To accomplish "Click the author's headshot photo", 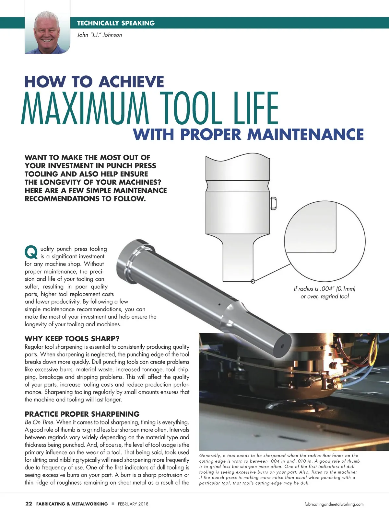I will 47,32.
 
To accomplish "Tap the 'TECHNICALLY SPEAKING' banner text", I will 116,23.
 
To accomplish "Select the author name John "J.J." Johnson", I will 100,35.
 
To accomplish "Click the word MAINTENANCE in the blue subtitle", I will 305,134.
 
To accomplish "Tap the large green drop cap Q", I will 31,253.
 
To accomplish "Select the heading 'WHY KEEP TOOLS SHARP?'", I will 72,339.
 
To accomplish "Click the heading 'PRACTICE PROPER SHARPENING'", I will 82,414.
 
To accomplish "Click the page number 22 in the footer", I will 29,504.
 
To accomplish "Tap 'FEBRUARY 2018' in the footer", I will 133,504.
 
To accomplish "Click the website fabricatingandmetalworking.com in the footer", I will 334,504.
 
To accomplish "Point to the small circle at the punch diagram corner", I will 253,281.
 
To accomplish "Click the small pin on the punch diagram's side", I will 273,203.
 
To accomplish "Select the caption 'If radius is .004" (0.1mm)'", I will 324,289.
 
